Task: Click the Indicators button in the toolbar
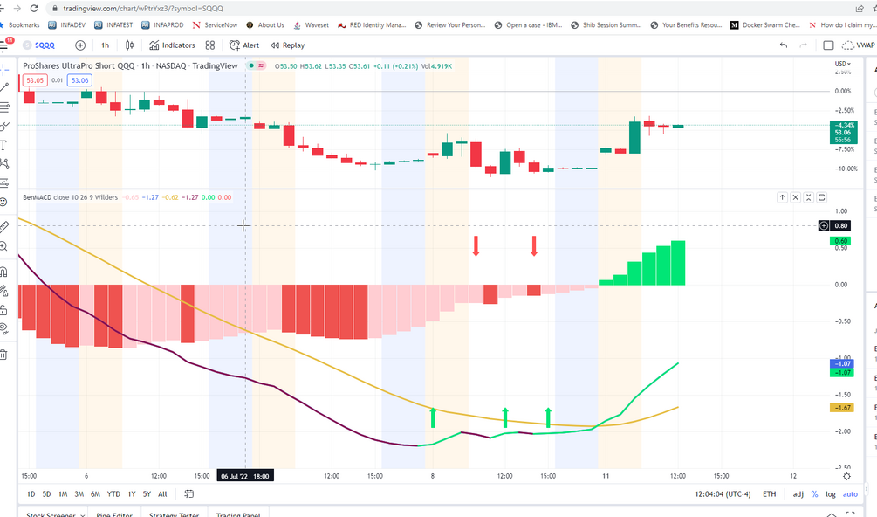pos(172,45)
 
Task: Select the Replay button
pos(288,45)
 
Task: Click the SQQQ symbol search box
pos(43,45)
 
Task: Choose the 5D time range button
pos(47,493)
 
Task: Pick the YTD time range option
pos(113,493)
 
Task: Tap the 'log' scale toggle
pos(830,493)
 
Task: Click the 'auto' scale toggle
pos(850,493)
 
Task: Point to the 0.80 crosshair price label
pos(842,225)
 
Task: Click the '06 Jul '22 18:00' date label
pos(244,476)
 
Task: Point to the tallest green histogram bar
pos(678,263)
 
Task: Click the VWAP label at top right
pos(864,45)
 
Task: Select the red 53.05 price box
pos(35,80)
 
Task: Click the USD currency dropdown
pos(842,64)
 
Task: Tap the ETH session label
pos(769,493)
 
